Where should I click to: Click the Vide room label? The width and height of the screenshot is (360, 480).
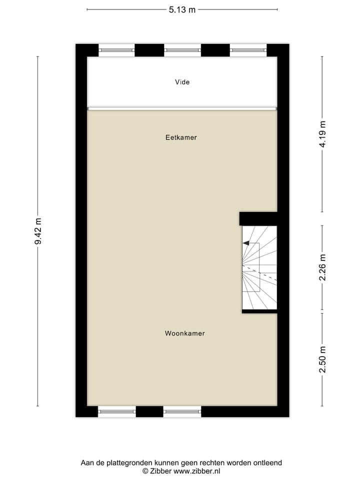[182, 82]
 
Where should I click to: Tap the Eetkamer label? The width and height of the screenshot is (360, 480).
[181, 137]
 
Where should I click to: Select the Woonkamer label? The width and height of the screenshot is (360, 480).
[184, 333]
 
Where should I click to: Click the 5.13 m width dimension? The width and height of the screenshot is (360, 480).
[182, 9]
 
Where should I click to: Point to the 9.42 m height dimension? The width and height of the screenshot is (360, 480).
[38, 231]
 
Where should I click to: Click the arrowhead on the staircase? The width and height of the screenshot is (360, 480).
[246, 243]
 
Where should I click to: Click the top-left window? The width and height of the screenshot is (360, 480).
[116, 49]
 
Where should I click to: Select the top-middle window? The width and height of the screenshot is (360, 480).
[182, 49]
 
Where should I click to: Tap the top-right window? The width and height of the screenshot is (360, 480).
[248, 49]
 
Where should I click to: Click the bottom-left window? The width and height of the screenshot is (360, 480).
[117, 412]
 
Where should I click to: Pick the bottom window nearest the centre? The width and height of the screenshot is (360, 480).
[182, 412]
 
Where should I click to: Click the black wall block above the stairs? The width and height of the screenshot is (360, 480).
[258, 218]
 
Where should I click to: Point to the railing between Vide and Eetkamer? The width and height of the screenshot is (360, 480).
[182, 108]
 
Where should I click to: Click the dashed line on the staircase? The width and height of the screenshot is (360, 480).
[260, 273]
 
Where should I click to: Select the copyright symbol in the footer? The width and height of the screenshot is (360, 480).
[145, 470]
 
